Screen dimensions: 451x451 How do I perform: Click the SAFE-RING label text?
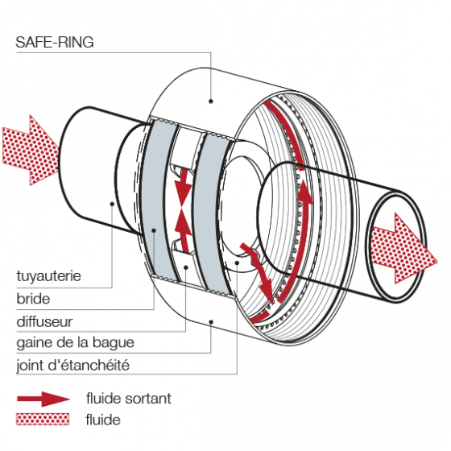pos(55,43)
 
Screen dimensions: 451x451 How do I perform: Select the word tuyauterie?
pos(48,278)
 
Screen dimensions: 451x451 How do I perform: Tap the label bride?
pos(33,299)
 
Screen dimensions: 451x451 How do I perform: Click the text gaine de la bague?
pos(75,343)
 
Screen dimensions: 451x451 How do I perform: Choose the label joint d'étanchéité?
pos(72,366)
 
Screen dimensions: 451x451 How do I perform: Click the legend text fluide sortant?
pos(128,399)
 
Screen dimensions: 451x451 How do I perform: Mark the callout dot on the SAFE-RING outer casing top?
pos(211,101)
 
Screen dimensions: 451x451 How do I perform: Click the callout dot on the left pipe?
pos(111,204)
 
